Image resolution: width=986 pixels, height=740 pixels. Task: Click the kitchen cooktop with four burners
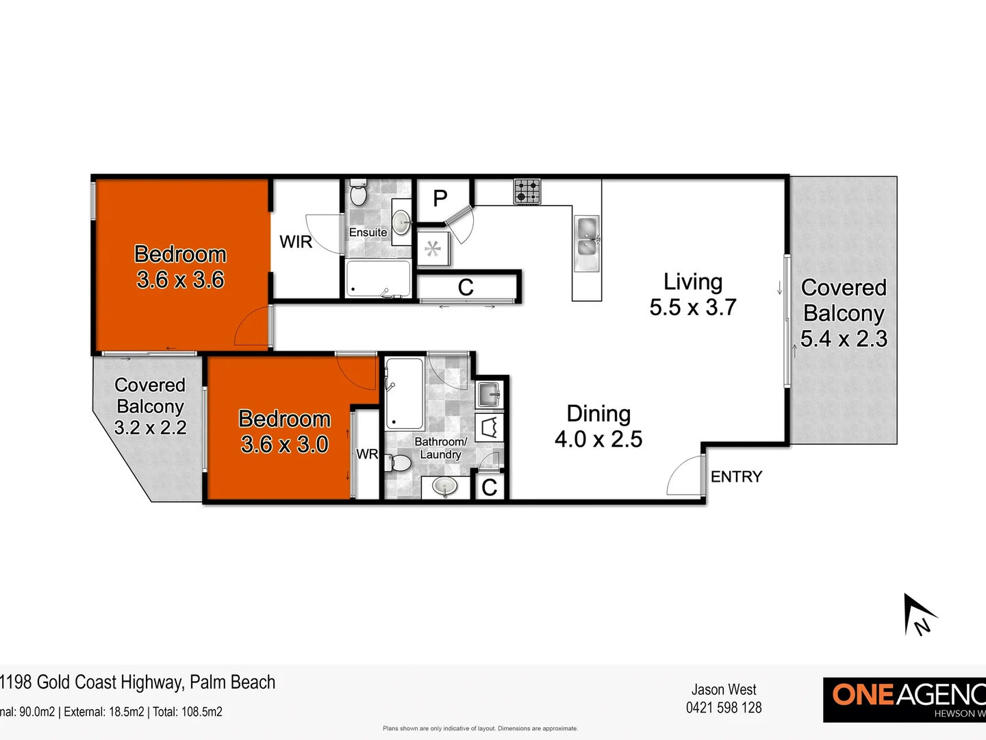pos(527,191)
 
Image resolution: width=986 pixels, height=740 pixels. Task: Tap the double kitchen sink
pos(587,236)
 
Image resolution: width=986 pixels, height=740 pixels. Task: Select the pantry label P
pos(440,199)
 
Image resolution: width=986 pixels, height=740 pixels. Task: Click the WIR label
pos(296,242)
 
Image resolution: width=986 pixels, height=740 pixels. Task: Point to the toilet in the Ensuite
pos(358,193)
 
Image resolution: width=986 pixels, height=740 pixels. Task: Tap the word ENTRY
pos(736,477)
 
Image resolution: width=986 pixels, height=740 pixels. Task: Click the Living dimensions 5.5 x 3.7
pos(693,308)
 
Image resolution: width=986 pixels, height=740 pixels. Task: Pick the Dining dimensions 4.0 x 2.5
pos(598,439)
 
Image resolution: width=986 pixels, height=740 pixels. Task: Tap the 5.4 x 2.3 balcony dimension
pos(844,338)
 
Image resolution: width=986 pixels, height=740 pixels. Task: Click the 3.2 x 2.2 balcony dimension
pos(150,428)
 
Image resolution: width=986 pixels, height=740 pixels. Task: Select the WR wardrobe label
pos(367,454)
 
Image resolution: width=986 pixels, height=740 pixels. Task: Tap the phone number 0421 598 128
pos(724,708)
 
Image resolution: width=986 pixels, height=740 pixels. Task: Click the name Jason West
pos(724,690)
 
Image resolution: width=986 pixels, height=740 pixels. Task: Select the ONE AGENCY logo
pos(904,699)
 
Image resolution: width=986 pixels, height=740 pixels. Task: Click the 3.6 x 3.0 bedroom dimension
pos(285,445)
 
